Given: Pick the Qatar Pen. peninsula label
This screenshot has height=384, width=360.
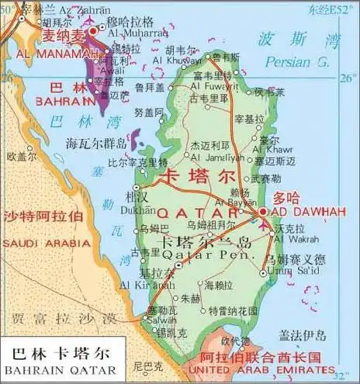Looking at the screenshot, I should click(205, 254).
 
